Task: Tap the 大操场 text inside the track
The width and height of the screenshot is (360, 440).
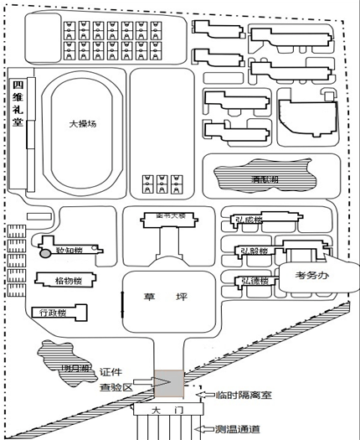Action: (83, 122)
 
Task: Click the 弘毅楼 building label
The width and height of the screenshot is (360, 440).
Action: (253, 251)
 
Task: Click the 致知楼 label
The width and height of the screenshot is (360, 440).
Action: (69, 250)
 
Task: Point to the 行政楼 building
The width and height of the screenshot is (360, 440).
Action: (54, 312)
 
